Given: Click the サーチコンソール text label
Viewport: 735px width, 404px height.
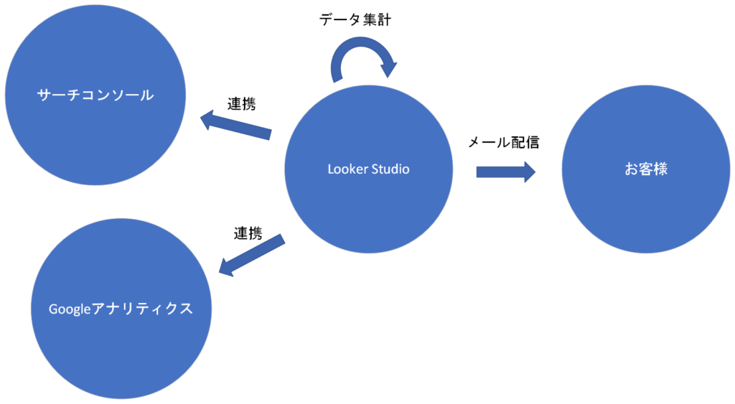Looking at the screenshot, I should (95, 95).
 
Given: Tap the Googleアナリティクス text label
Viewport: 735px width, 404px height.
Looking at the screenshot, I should (121, 309).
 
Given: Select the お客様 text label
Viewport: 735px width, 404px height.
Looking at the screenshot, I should (646, 170).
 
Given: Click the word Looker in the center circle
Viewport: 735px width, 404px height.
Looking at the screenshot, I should (347, 169).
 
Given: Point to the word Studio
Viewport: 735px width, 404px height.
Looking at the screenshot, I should (390, 169).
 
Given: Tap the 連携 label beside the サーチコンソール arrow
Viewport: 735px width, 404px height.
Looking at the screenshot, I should (243, 103).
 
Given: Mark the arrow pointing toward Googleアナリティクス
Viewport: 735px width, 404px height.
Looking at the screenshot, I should (251, 255).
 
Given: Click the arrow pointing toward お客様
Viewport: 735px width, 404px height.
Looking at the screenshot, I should (505, 172).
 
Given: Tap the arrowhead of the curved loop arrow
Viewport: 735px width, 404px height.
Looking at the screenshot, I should (388, 70).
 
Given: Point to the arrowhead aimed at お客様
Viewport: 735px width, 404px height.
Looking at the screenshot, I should (528, 172).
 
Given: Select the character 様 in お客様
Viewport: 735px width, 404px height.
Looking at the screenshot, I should (660, 170).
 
